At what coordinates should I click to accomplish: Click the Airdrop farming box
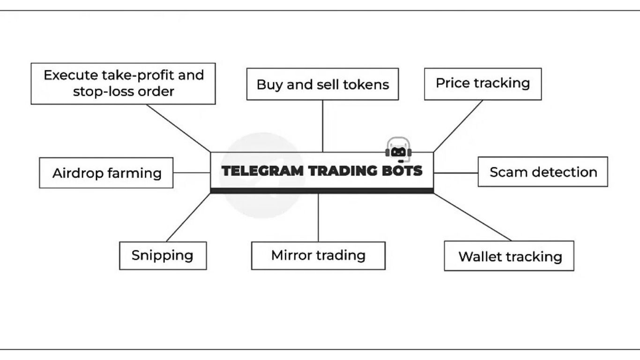tap(106, 173)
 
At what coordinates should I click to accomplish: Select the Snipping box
tap(163, 255)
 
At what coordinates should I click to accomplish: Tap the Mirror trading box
tap(318, 255)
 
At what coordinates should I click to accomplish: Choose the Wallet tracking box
tap(509, 256)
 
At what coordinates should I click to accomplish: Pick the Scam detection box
tap(543, 172)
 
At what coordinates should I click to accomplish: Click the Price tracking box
tap(483, 83)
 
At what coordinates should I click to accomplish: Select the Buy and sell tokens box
tap(322, 84)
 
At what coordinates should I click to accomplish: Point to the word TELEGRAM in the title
tap(262, 171)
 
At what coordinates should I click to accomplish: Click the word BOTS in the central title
tap(402, 171)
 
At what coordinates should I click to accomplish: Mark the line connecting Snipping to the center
tap(188, 217)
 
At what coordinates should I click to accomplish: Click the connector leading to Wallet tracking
tap(472, 217)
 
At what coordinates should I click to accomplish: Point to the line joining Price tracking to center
tap(458, 126)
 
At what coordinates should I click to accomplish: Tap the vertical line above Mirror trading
tap(318, 217)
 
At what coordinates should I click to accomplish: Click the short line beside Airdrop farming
tap(192, 172)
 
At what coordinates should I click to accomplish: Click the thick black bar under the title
tap(322, 190)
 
